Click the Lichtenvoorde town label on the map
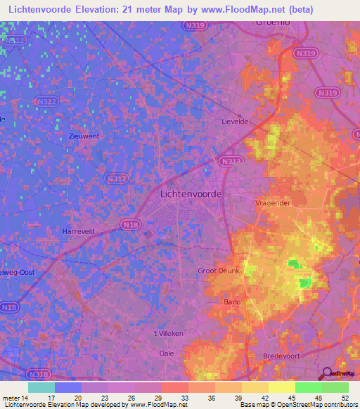tap(191, 193)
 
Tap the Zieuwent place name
tap(84, 136)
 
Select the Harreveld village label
tap(78, 231)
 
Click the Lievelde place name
tap(236, 121)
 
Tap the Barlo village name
tap(232, 301)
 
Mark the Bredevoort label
tap(281, 356)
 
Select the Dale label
tap(167, 353)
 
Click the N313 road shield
tap(227, 161)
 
